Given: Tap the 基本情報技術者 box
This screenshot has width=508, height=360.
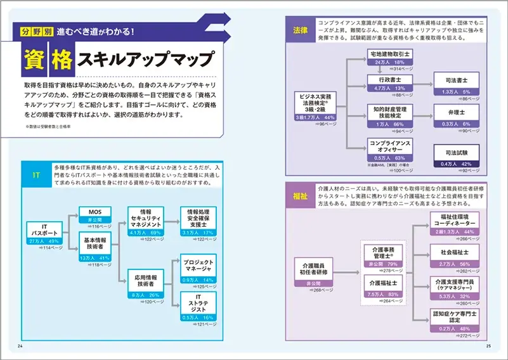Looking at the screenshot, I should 95,247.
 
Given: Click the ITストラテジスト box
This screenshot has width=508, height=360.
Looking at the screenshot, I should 198,307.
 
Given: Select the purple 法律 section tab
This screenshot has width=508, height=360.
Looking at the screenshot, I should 300,29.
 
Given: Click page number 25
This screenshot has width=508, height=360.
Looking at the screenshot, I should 488,346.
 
